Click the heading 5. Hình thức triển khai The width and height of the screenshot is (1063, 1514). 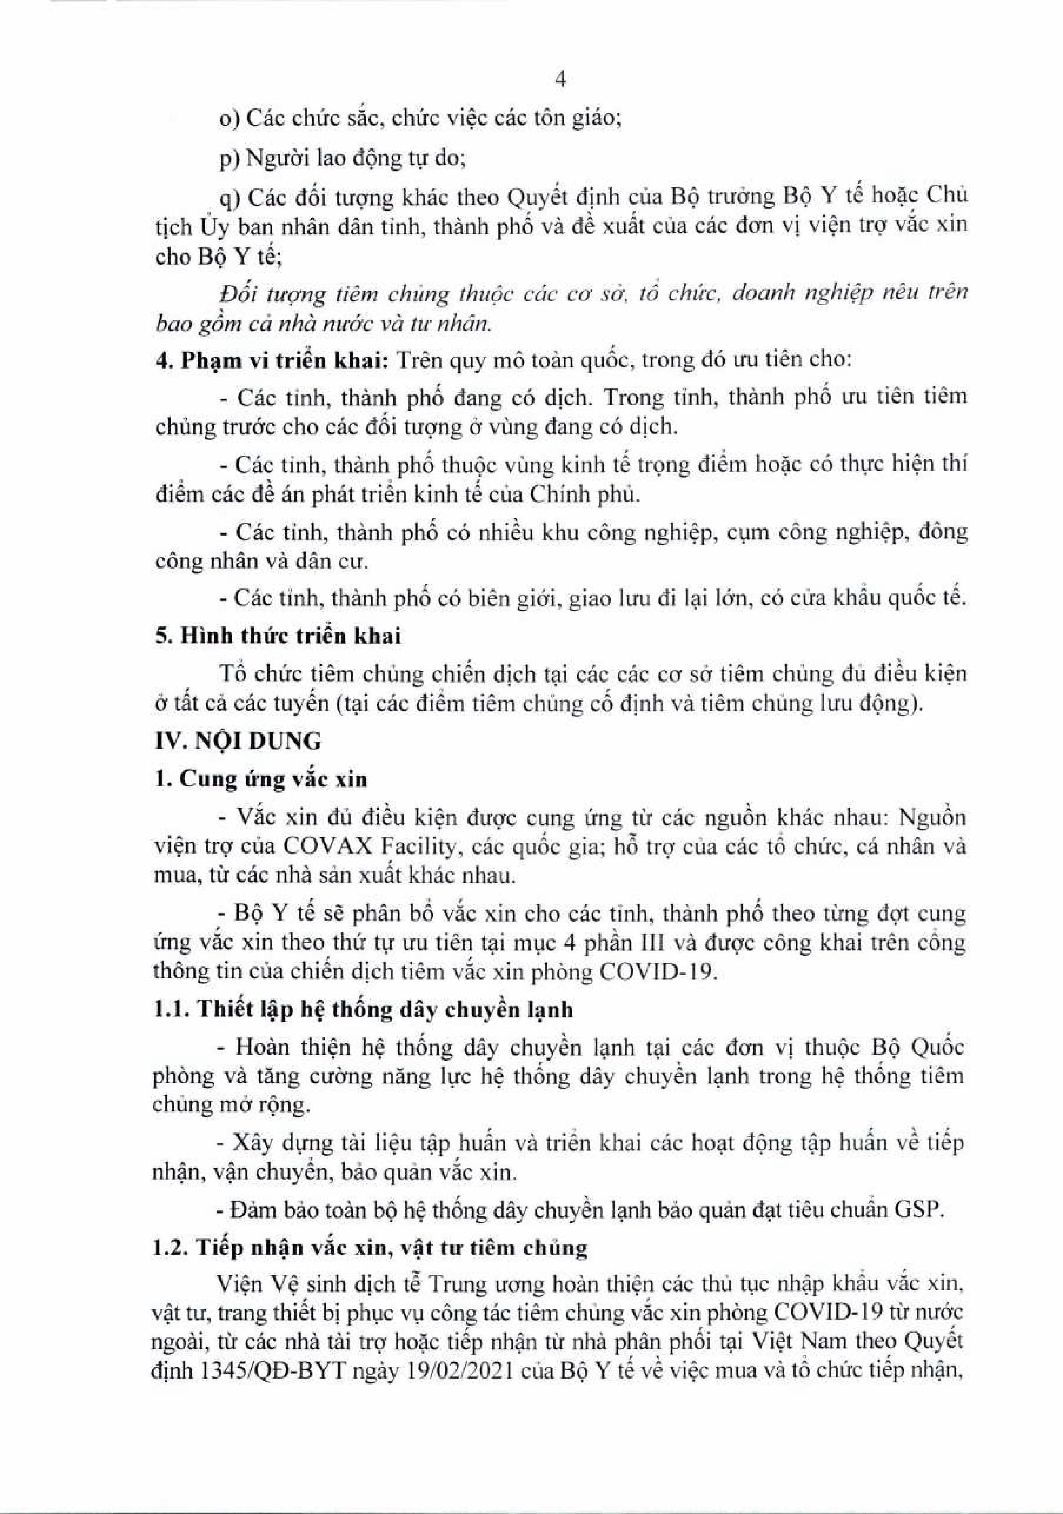277,636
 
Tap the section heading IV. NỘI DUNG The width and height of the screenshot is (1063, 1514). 238,741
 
